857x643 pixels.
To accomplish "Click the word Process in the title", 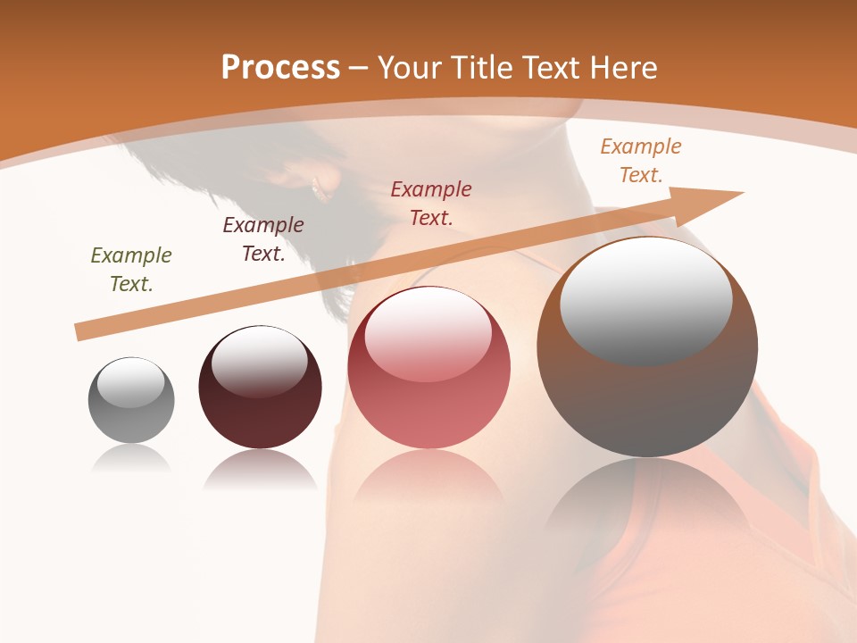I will click(280, 68).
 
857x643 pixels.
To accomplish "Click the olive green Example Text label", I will click(131, 270).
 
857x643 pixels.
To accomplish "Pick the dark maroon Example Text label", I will click(263, 239).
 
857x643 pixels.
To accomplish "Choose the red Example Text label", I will click(431, 204).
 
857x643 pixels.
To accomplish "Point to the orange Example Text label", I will click(640, 161).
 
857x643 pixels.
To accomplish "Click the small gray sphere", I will click(131, 400).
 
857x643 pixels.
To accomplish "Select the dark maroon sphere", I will click(260, 388).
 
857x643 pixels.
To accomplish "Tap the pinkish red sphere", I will click(428, 368).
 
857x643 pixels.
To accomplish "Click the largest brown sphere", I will click(647, 347).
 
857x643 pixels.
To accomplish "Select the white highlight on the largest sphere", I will click(645, 299).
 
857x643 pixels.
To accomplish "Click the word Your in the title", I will click(410, 68).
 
